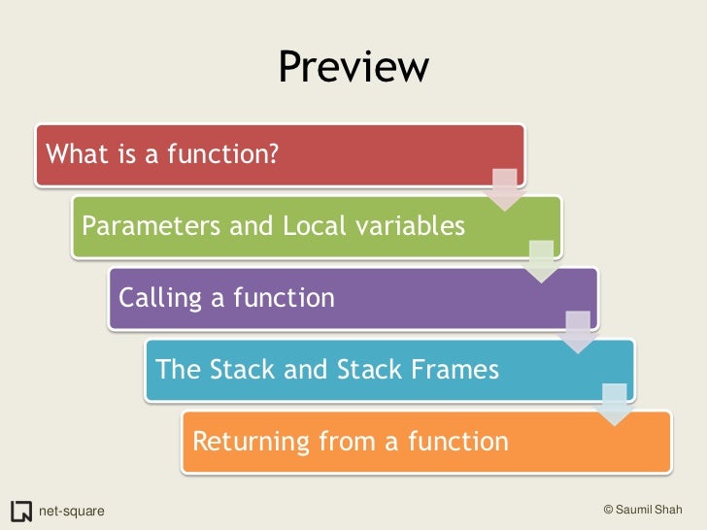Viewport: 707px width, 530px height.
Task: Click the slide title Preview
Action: point(353,67)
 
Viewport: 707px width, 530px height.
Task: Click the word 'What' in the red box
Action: point(74,153)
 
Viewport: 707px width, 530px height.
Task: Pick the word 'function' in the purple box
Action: point(286,298)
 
